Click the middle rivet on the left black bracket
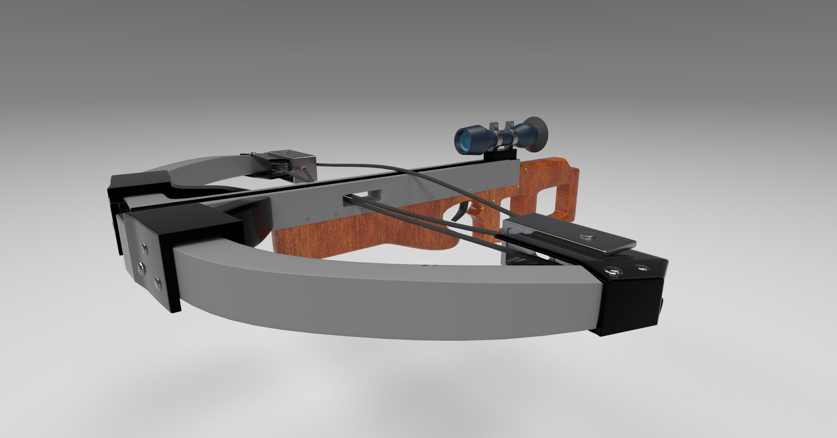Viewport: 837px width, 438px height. (142, 267)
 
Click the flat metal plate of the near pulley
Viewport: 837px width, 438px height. (566, 238)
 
